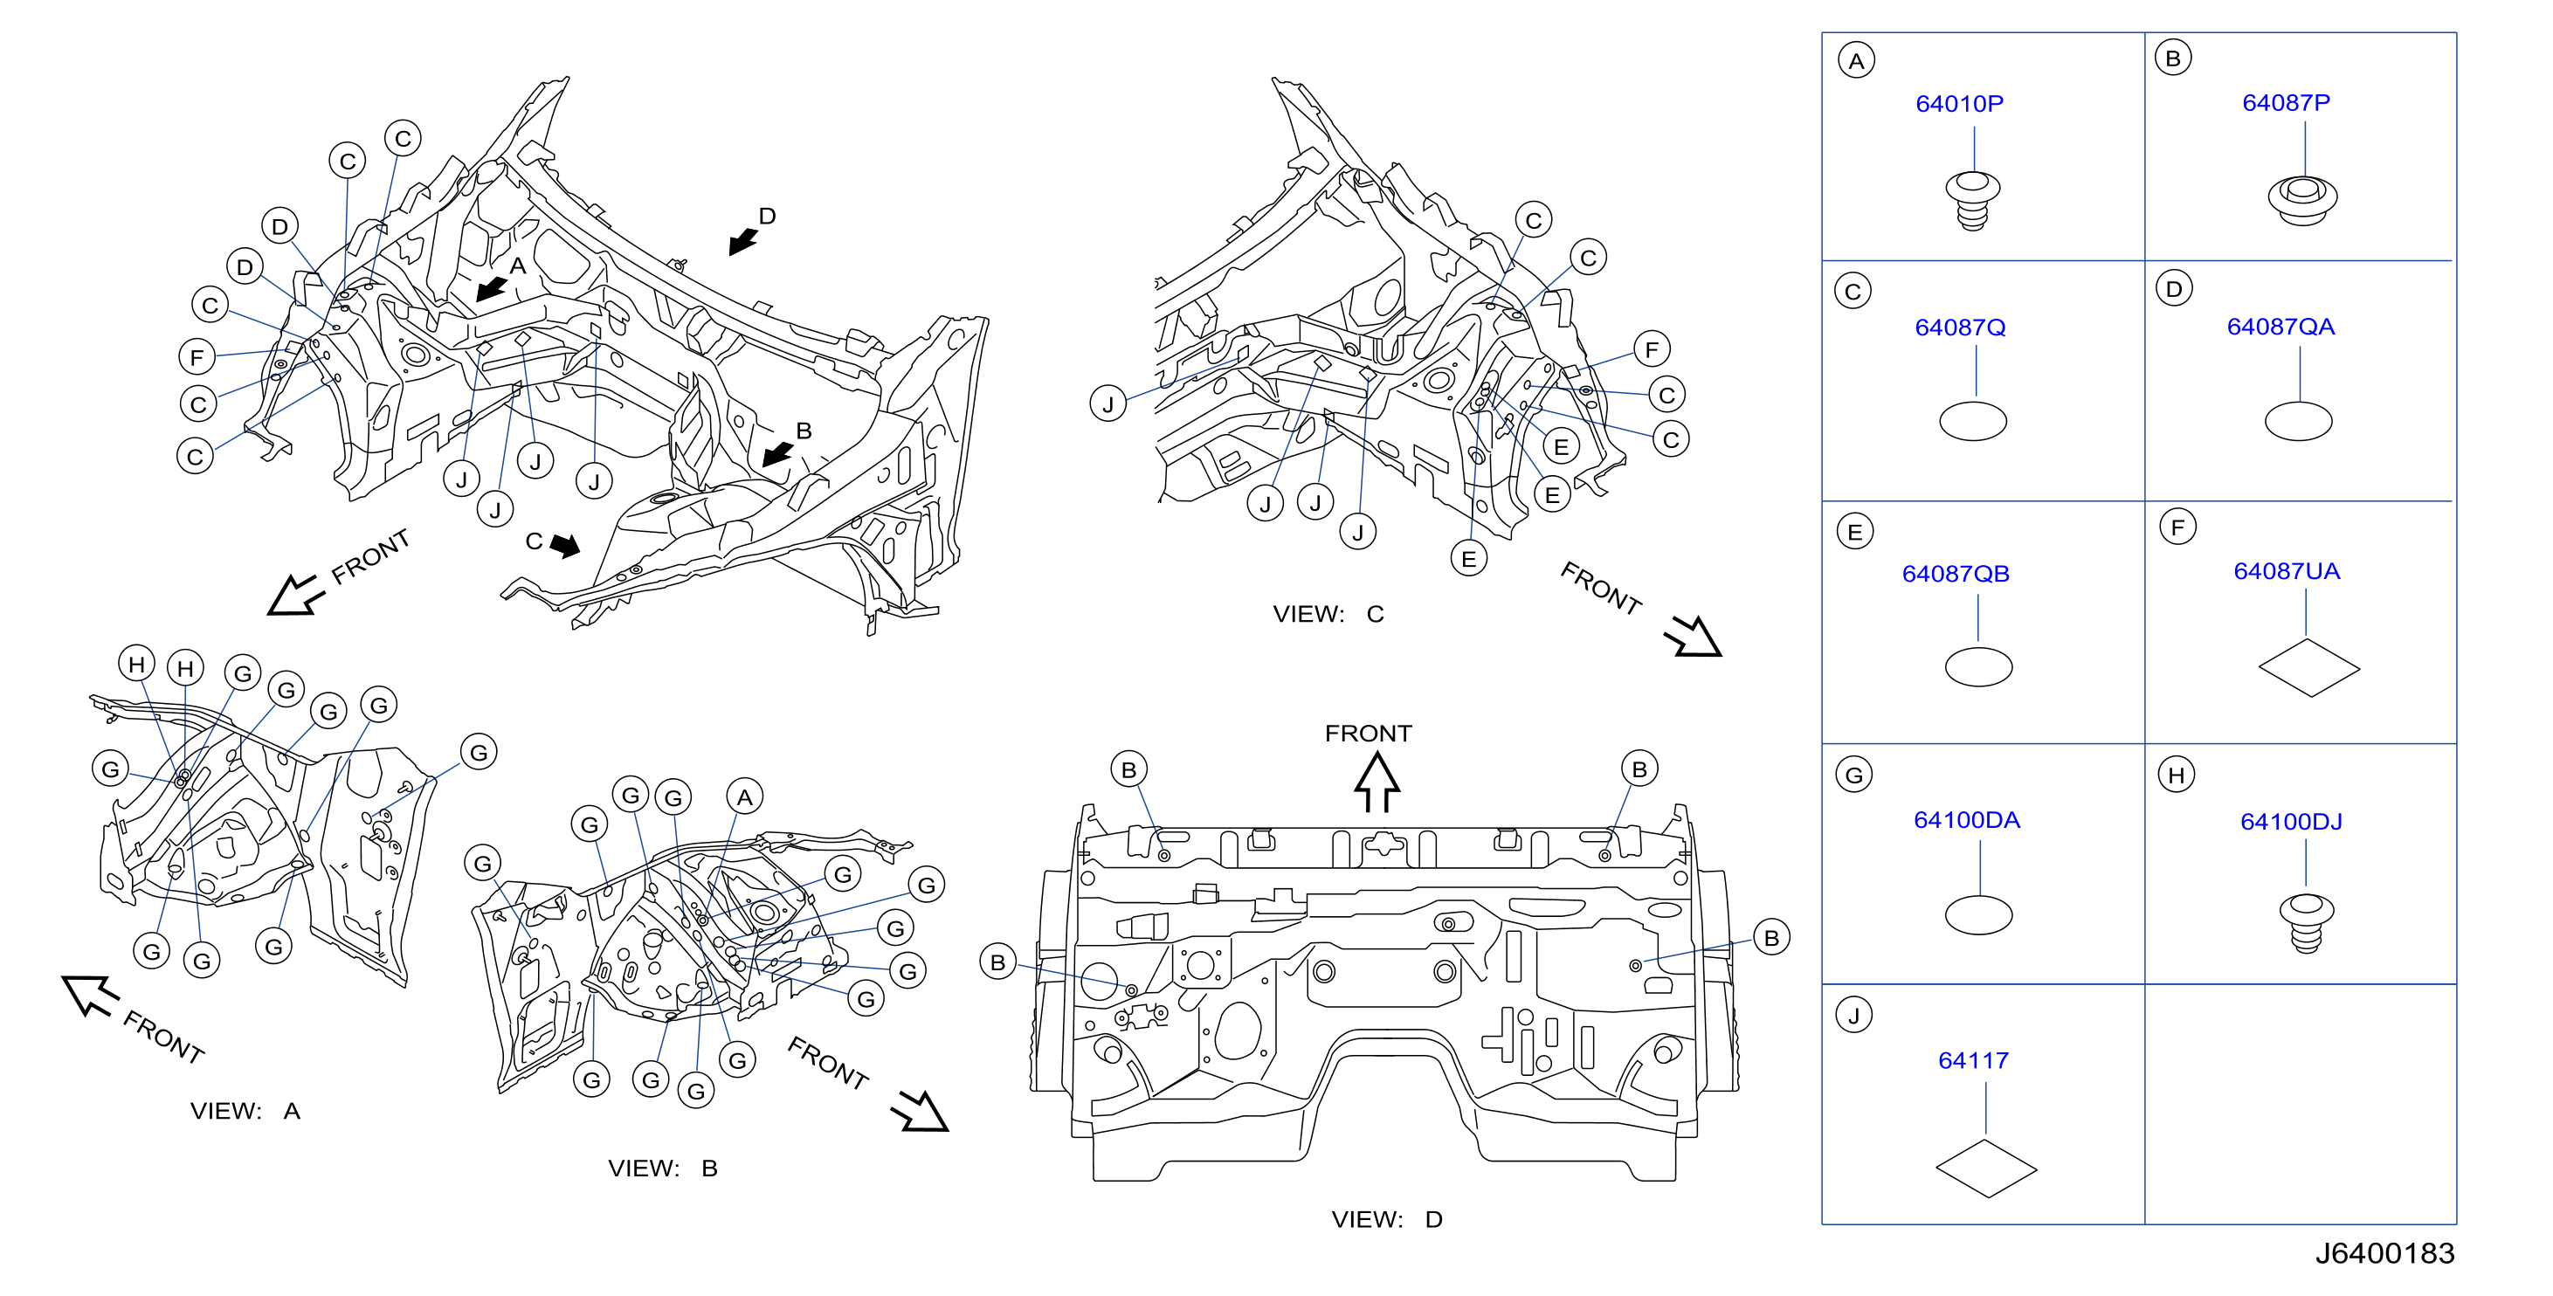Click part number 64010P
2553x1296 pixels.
click(x=1958, y=104)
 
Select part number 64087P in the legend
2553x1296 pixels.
click(x=2286, y=103)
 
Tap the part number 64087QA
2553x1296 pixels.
click(x=2280, y=327)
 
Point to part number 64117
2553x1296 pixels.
click(x=1973, y=1060)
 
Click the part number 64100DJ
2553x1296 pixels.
click(x=2291, y=822)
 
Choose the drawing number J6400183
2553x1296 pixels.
click(x=2384, y=1253)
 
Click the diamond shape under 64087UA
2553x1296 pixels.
click(x=2308, y=667)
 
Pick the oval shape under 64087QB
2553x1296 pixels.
click(x=1978, y=667)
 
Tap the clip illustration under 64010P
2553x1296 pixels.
click(x=1972, y=200)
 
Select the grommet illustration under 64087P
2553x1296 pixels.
click(x=2302, y=199)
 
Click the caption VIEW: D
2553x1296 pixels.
click(x=1386, y=1220)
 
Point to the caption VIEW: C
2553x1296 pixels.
click(x=1328, y=614)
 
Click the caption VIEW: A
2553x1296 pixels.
click(x=245, y=1111)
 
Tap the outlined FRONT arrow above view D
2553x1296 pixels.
click(x=1377, y=782)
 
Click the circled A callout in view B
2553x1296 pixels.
click(x=744, y=796)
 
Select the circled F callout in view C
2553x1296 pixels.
click(x=1651, y=348)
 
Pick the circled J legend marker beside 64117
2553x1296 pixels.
click(x=1853, y=1015)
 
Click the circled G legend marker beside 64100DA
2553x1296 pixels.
click(x=1854, y=775)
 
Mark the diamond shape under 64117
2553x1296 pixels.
click(x=1985, y=1168)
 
